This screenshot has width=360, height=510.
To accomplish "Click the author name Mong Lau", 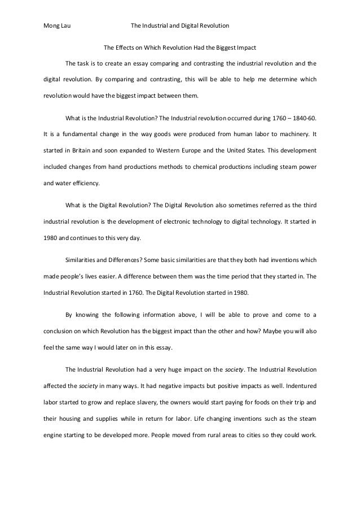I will (58, 25).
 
